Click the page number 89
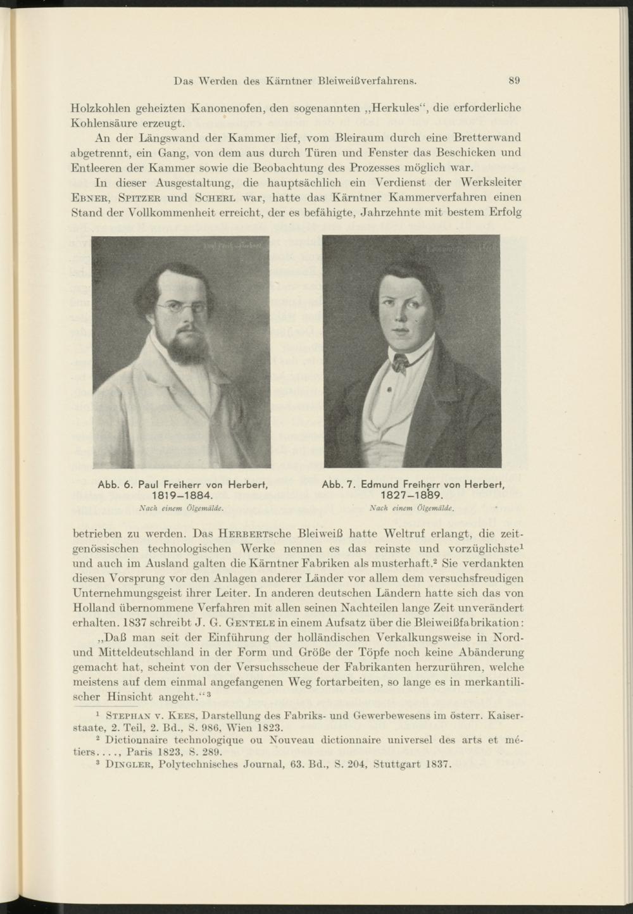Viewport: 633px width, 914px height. (514, 80)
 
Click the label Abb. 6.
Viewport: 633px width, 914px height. (114, 484)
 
